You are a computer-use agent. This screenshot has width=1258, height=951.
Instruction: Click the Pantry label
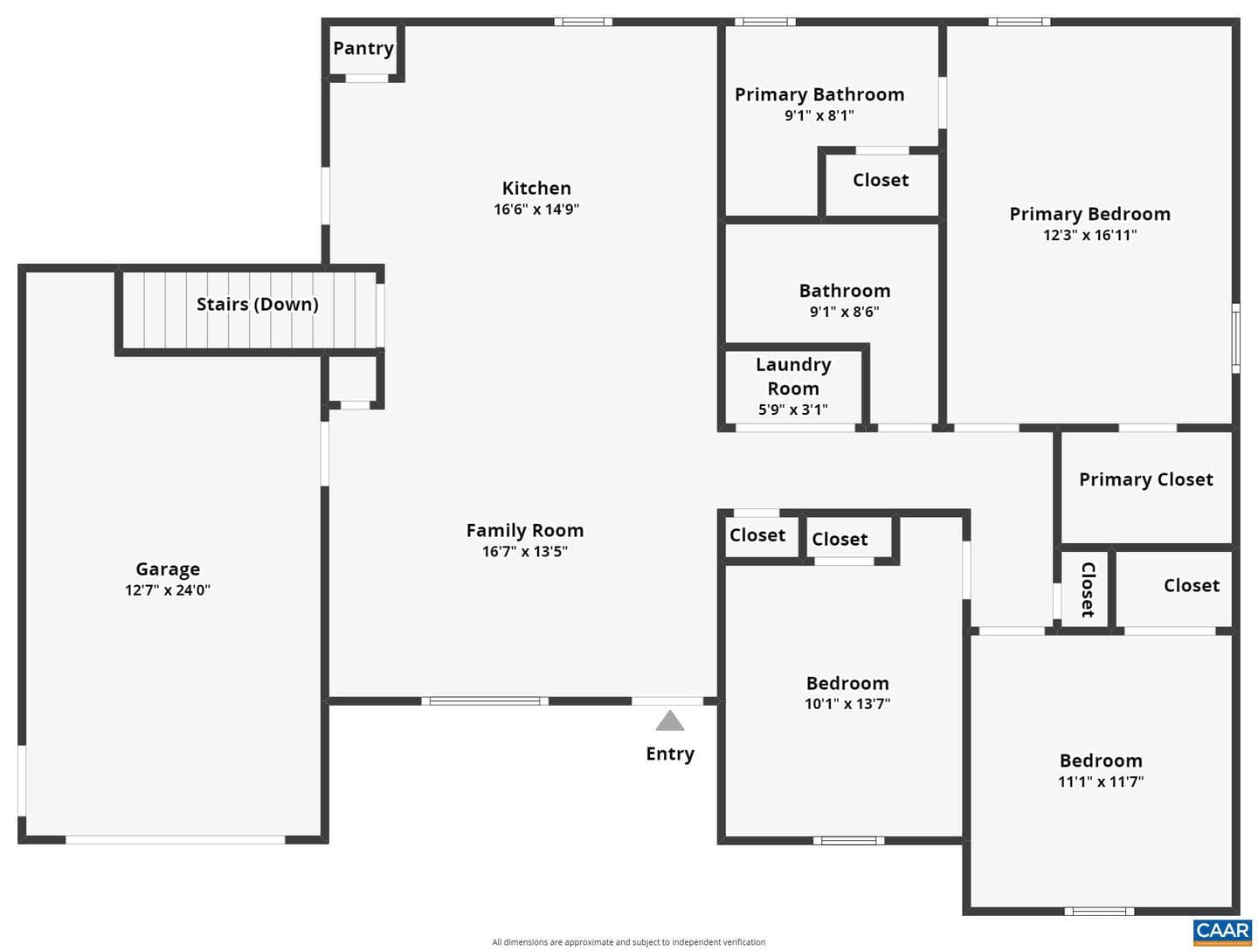coord(363,49)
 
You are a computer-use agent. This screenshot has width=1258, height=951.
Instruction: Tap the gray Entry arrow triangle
coord(669,720)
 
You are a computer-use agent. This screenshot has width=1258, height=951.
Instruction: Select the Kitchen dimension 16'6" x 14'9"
coord(536,209)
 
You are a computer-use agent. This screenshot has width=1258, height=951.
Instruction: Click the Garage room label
coord(168,569)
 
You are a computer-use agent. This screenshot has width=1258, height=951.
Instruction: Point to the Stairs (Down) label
coord(258,304)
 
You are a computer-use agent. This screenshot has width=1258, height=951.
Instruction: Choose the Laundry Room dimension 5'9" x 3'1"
coord(793,410)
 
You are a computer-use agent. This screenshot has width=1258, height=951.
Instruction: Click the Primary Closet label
coord(1146,479)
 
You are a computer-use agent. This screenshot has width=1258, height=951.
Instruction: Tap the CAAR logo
coord(1223,933)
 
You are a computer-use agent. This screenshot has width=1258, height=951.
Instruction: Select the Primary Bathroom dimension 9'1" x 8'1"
coord(819,116)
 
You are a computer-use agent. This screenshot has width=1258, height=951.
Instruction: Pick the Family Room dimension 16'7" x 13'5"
coord(525,552)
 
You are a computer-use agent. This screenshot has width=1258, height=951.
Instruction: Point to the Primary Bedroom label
coord(1090,214)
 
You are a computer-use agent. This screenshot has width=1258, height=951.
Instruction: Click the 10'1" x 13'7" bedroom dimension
coord(847,704)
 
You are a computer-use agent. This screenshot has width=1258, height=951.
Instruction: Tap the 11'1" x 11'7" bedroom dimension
coord(1101,782)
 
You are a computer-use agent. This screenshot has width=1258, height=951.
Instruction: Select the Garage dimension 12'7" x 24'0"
coord(168,590)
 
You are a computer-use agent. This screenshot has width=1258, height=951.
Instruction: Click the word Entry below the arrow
coord(670,754)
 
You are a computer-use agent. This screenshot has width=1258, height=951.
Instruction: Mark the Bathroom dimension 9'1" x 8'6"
coord(845,313)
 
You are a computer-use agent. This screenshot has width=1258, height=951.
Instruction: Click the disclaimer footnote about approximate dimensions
coord(629,942)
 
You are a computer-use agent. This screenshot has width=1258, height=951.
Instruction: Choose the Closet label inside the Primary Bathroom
coord(881,181)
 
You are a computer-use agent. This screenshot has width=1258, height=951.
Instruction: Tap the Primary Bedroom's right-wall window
coord(1236,338)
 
